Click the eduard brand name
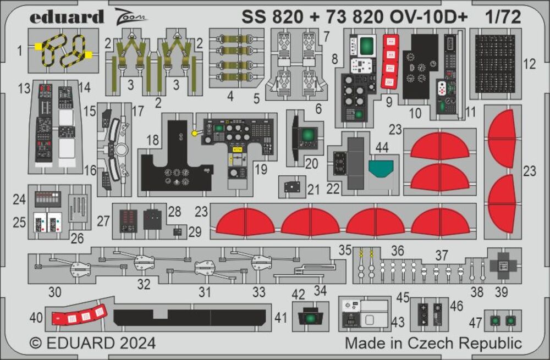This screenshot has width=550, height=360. point(67,17)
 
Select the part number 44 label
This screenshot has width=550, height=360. point(382,147)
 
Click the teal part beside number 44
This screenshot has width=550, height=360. point(382,167)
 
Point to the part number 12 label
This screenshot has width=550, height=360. point(529,64)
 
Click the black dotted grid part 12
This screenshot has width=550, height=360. point(494,64)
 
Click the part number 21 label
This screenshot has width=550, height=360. point(313,190)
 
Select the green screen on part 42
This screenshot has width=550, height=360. point(311,318)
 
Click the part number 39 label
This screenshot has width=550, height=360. point(501,292)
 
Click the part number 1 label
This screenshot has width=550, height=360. point(20,51)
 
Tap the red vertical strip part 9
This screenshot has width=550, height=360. point(389,61)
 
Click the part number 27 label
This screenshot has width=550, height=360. point(104,221)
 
